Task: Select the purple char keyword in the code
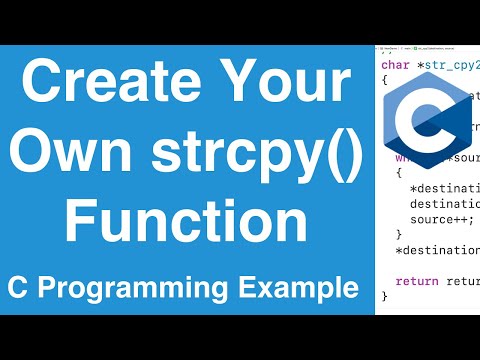coord(396,66)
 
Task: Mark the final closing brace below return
coord(385,297)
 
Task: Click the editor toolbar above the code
coord(427,49)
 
